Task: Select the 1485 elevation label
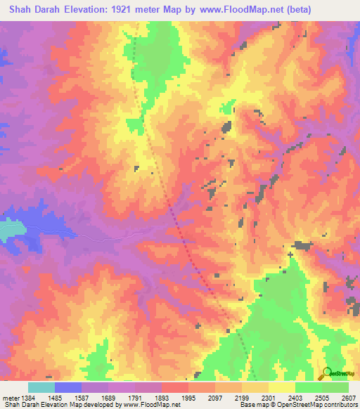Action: coord(68,396)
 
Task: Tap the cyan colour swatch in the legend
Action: coord(41,387)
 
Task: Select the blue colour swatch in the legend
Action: coord(68,387)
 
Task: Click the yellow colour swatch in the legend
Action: coord(282,387)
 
